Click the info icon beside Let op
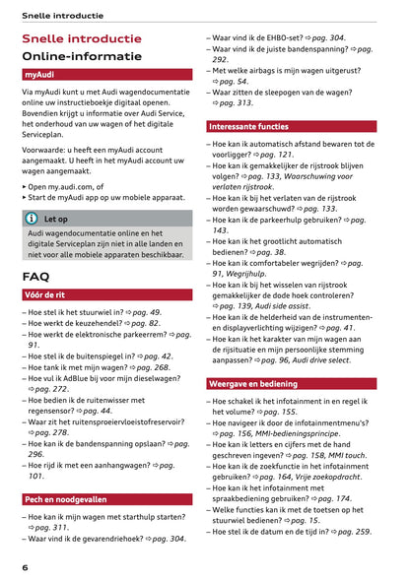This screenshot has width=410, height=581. click(34, 220)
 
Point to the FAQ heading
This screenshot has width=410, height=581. click(35, 277)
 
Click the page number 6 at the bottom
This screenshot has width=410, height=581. click(25, 568)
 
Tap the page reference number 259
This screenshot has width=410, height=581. click(361, 532)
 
